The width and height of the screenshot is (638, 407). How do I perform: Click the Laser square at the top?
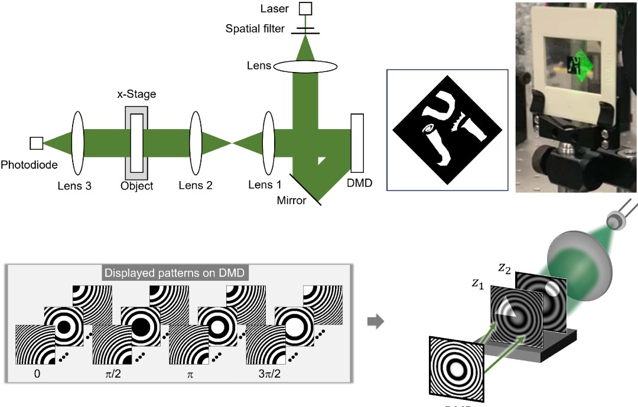(x=305, y=8)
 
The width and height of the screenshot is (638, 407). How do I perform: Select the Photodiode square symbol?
(x=36, y=142)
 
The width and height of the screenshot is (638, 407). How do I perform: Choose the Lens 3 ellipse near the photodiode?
(x=77, y=142)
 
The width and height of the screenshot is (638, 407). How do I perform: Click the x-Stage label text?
(x=135, y=94)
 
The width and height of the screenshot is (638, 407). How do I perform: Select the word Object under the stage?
(x=136, y=186)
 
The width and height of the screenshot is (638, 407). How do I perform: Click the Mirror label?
(x=292, y=201)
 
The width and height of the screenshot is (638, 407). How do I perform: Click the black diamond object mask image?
(x=448, y=130)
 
